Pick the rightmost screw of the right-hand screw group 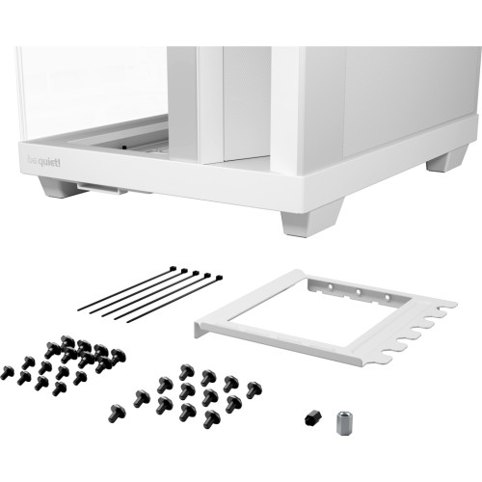[x=253, y=391]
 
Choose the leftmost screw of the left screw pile [x=6, y=371]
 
